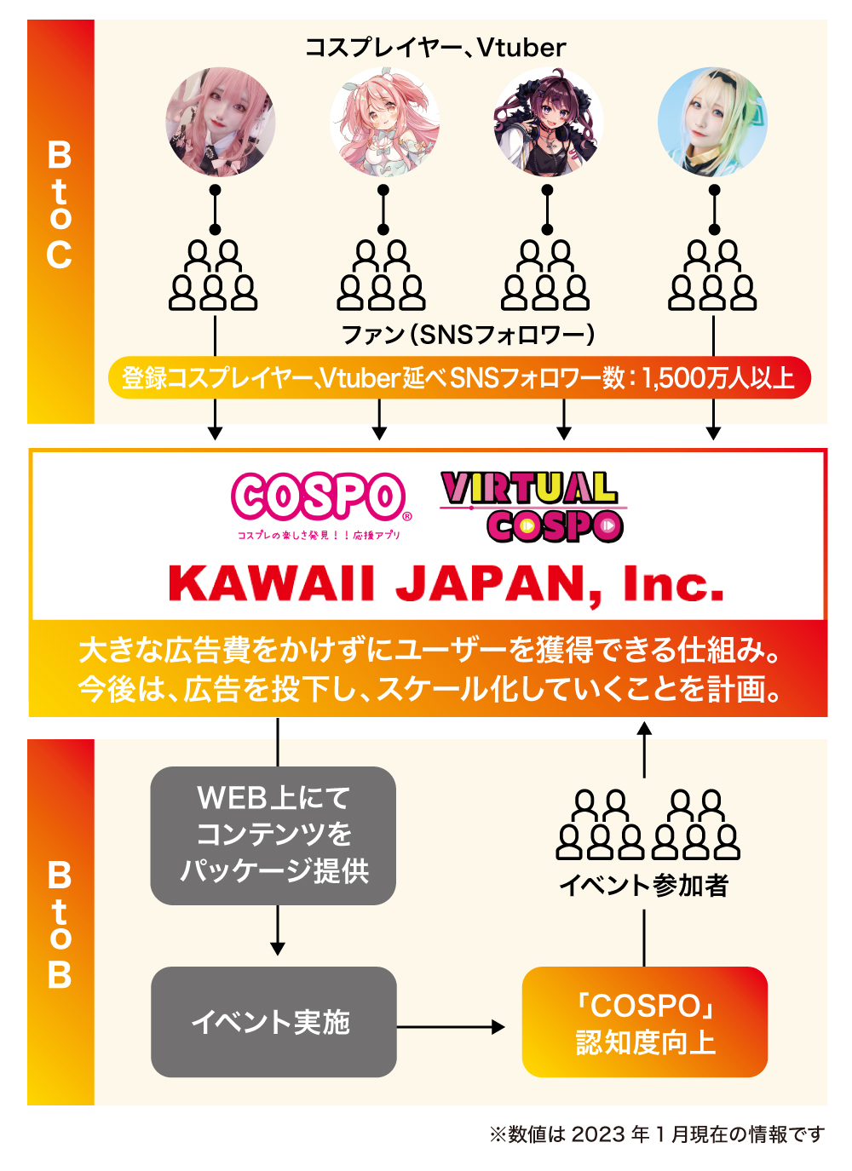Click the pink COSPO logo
pyautogui.click(x=319, y=498)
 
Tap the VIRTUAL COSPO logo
pyautogui.click(x=533, y=507)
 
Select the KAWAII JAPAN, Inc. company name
pyautogui.click(x=446, y=585)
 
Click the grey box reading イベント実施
pyautogui.click(x=273, y=1021)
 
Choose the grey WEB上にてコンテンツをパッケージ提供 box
pyautogui.click(x=273, y=835)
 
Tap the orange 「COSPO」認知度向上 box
pyautogui.click(x=645, y=1022)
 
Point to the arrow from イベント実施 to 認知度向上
pyautogui.click(x=452, y=1027)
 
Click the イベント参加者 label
pyautogui.click(x=644, y=886)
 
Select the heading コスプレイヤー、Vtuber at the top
pyautogui.click(x=435, y=48)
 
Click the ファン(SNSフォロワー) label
pyautogui.click(x=468, y=335)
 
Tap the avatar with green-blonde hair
pyautogui.click(x=713, y=123)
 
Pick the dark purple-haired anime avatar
pyautogui.click(x=548, y=123)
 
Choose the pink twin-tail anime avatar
pyautogui.click(x=383, y=123)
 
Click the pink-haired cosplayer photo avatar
pyautogui.click(x=220, y=123)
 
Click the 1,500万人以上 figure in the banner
pyautogui.click(x=717, y=378)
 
